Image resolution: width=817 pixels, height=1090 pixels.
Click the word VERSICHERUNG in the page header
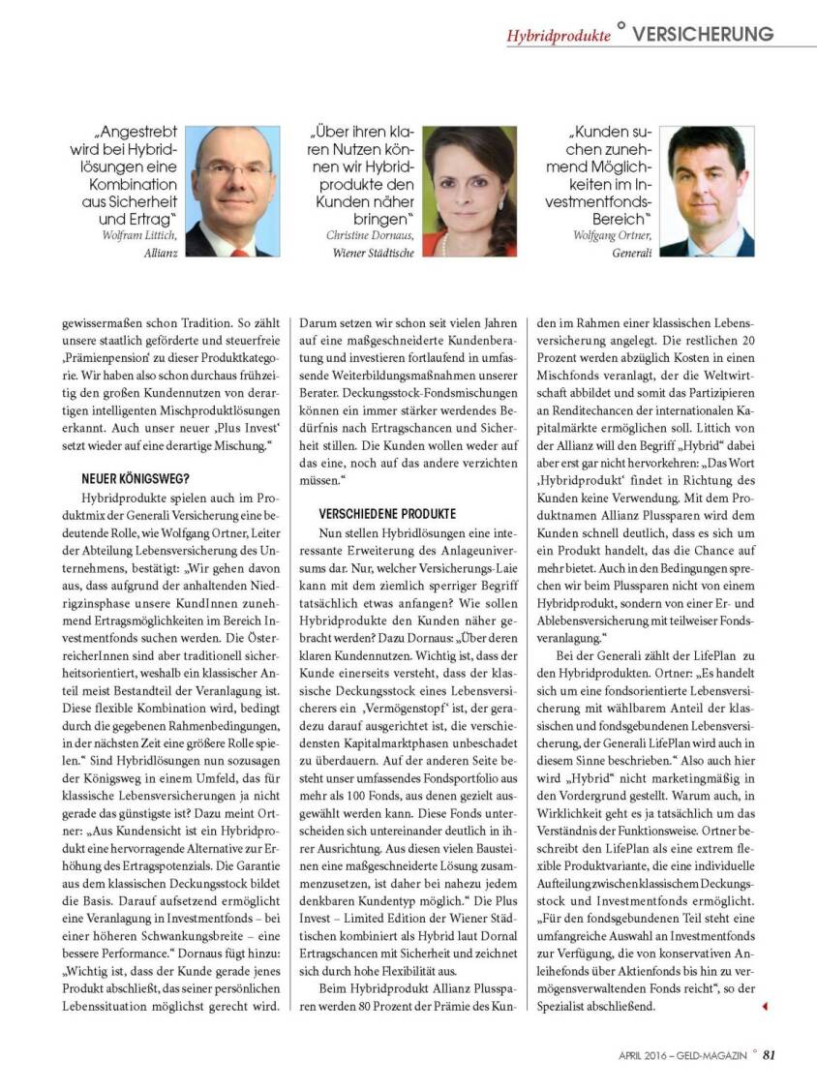(703, 33)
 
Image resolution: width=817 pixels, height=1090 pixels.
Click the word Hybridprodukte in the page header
(559, 35)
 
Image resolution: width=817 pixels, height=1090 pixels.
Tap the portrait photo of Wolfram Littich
(231, 191)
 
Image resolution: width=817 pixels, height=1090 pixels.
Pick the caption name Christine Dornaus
(371, 234)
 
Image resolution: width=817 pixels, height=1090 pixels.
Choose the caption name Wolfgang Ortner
(611, 234)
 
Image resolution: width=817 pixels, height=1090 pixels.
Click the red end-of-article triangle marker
(765, 1007)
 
